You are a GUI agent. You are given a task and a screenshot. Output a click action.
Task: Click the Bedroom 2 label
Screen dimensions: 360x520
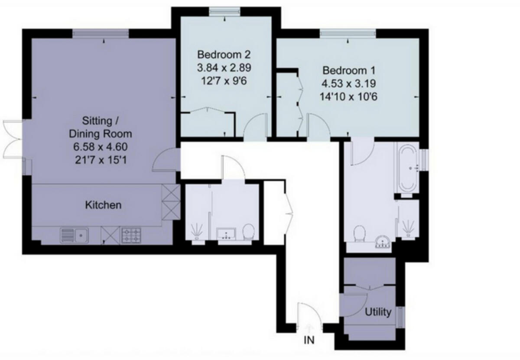click(224, 55)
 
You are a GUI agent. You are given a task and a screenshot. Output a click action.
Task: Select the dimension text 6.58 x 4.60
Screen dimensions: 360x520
click(102, 147)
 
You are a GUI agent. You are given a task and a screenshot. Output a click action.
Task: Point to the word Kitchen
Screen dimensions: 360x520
click(103, 205)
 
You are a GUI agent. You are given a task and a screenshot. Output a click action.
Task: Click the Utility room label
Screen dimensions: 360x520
click(378, 312)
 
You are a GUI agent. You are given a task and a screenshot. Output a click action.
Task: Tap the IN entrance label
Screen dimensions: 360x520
click(309, 340)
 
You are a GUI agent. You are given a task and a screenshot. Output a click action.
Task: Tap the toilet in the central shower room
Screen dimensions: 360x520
click(248, 232)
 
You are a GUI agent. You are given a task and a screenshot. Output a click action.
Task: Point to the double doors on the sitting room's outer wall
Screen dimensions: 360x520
click(12, 139)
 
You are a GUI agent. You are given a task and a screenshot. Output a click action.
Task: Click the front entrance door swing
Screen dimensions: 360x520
click(308, 314)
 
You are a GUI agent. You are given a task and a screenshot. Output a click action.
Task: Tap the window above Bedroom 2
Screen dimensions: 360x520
click(225, 12)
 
